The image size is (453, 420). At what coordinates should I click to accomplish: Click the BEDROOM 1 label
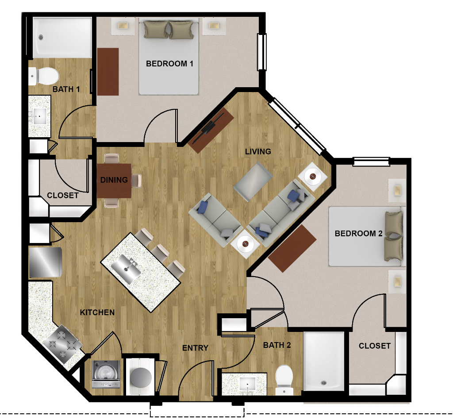[169, 64]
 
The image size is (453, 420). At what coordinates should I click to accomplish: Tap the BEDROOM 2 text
[358, 233]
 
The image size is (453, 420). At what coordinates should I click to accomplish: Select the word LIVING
[258, 151]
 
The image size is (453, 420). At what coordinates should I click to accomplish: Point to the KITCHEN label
[97, 312]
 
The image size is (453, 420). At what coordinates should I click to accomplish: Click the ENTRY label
[195, 348]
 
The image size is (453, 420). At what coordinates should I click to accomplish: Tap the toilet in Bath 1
[44, 76]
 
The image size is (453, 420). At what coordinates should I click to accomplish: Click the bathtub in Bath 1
[62, 38]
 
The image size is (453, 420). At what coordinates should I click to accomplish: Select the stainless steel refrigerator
[46, 262]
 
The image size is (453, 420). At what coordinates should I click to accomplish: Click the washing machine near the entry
[106, 374]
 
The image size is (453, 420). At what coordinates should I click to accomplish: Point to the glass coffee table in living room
[253, 181]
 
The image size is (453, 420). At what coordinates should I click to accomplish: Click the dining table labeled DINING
[114, 181]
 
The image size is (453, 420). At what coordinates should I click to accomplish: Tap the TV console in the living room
[211, 131]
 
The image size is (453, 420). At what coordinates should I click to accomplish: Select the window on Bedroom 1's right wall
[262, 52]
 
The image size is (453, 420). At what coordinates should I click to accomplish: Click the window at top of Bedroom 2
[371, 162]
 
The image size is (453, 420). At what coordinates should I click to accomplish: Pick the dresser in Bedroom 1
[108, 72]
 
